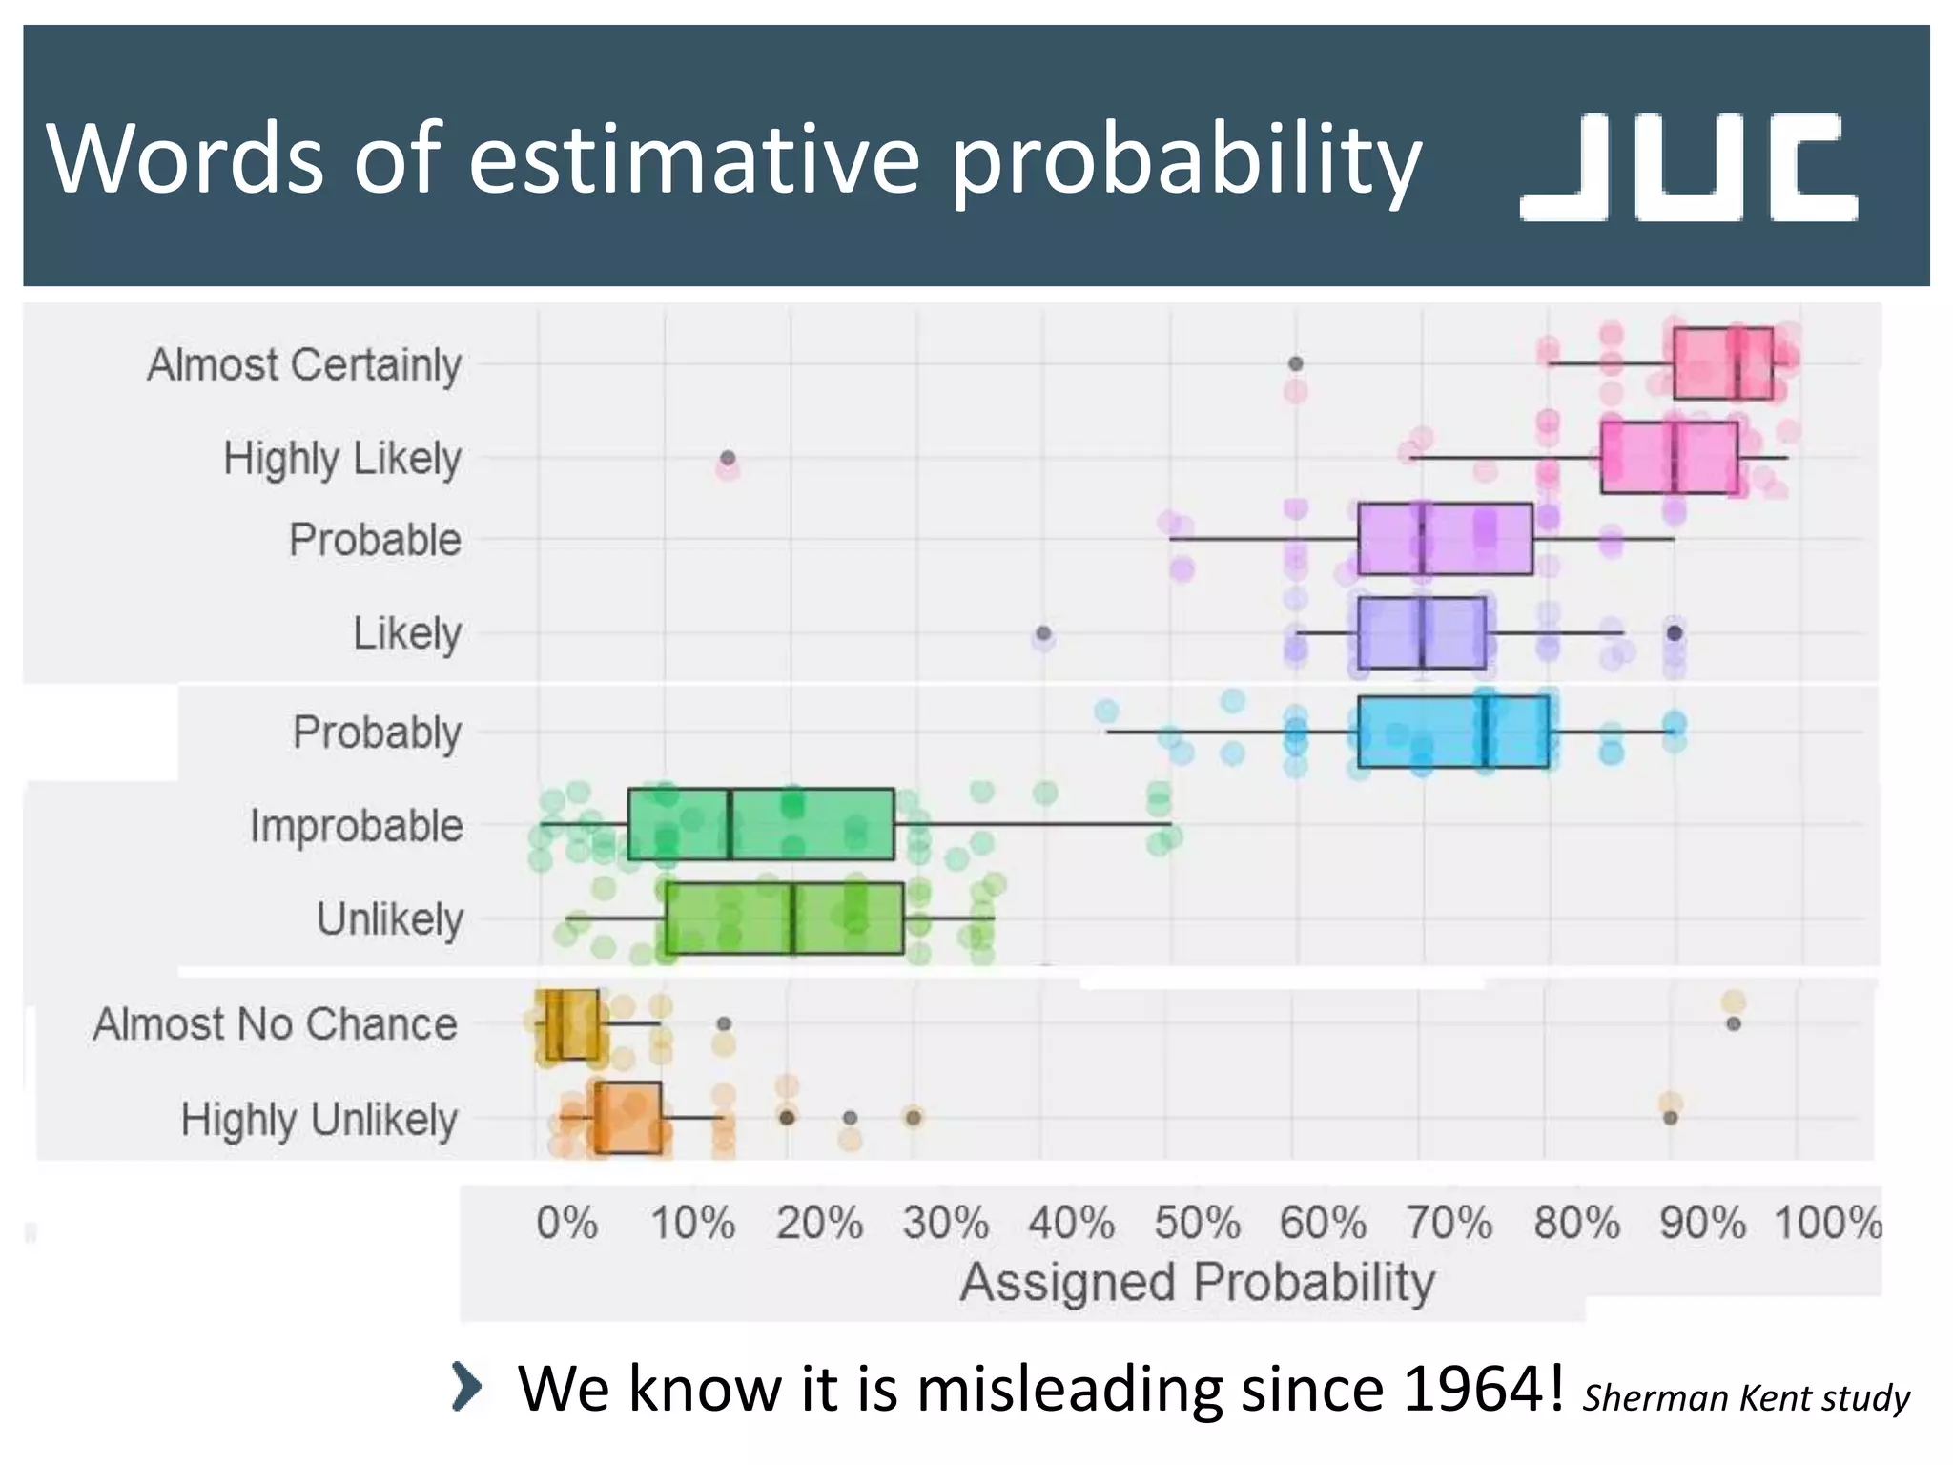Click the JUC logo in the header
[1688, 168]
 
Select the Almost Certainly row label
[304, 365]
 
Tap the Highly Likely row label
[342, 459]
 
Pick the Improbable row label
[357, 826]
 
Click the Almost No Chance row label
[276, 1024]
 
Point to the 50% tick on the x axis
[1197, 1223]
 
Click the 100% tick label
[1827, 1223]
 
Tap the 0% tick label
[566, 1223]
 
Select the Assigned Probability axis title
[1197, 1282]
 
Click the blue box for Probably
[1451, 732]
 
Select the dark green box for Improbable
[760, 824]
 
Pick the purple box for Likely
[1421, 633]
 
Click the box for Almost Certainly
[1722, 363]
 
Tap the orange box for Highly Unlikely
[627, 1118]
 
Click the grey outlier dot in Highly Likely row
[728, 459]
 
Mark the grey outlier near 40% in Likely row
[1043, 633]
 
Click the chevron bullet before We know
[466, 1387]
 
